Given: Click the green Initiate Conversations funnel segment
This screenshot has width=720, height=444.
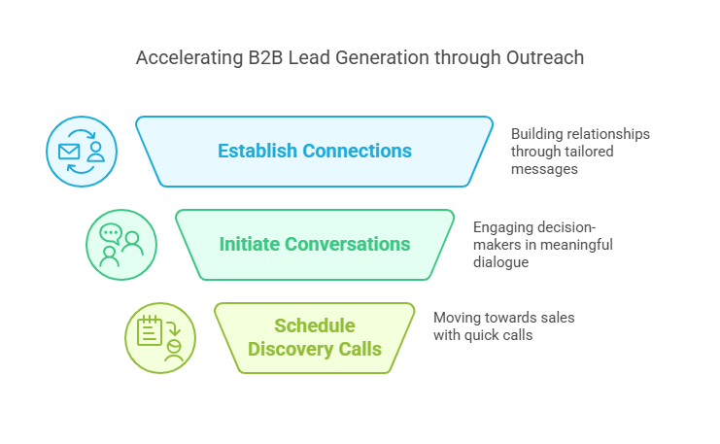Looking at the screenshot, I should pos(314,244).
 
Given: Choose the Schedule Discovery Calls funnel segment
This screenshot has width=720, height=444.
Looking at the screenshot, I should pos(314,337).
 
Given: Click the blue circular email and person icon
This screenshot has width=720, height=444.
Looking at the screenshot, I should pos(82,152).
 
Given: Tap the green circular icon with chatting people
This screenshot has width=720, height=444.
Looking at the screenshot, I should pos(121,245).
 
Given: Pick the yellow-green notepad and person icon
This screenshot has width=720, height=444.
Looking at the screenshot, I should pos(160,338).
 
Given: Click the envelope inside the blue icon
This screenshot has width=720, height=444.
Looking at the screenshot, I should pos(69,152).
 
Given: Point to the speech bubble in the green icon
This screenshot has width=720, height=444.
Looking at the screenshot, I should pos(112,234).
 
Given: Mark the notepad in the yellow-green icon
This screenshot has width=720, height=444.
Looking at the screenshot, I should pos(150,331).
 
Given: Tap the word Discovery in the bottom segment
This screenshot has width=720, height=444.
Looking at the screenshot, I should pos(291,349).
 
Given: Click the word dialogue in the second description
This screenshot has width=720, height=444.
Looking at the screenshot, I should pos(505,261).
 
